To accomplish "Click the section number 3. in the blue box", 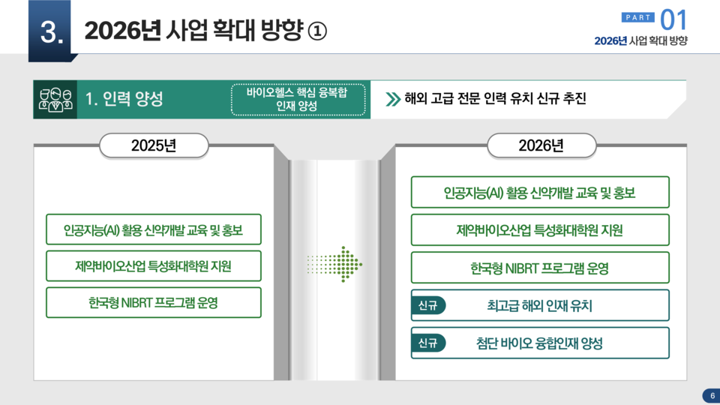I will pyautogui.click(x=51, y=31).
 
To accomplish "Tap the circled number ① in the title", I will pyautogui.click(x=317, y=31).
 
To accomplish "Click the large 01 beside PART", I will pyautogui.click(x=673, y=18).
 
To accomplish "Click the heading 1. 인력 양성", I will pyautogui.click(x=124, y=100).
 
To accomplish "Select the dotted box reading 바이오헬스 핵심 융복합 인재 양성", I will pyautogui.click(x=297, y=100).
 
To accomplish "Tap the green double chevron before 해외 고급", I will pyautogui.click(x=392, y=99).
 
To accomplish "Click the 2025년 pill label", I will pyautogui.click(x=154, y=145).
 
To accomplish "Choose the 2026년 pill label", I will pyautogui.click(x=541, y=145).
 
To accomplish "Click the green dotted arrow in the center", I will pyautogui.click(x=335, y=263).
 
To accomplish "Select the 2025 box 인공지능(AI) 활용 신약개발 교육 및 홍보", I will pyautogui.click(x=154, y=229).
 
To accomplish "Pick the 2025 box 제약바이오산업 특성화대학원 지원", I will pyautogui.click(x=154, y=266).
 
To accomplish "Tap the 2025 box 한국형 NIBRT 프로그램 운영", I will pyautogui.click(x=154, y=302).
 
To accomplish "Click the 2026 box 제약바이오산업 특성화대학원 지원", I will pyautogui.click(x=540, y=229).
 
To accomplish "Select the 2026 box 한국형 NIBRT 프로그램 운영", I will pyautogui.click(x=540, y=268).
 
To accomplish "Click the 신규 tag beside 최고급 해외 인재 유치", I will pyautogui.click(x=428, y=305).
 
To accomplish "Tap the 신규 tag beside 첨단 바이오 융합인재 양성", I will pyautogui.click(x=428, y=343).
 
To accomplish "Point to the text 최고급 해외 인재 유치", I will pyautogui.click(x=539, y=305).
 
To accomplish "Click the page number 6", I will pyautogui.click(x=709, y=396).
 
